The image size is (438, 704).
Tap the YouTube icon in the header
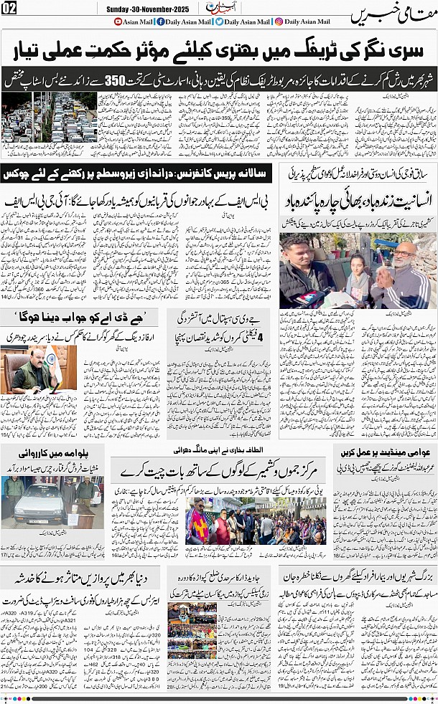click(x=118, y=22)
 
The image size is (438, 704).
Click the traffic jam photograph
click(x=48, y=117)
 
